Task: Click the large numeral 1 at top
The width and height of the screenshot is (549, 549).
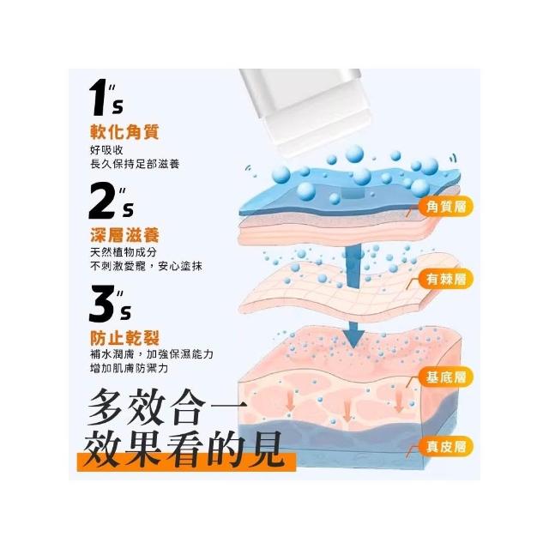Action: click(99, 98)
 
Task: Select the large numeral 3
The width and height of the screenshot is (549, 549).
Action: click(102, 304)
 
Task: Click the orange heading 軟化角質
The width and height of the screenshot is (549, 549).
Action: click(125, 132)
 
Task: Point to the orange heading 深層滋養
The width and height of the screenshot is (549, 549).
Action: click(125, 234)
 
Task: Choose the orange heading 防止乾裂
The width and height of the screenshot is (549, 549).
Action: click(125, 338)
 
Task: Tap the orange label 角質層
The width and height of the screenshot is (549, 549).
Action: click(446, 206)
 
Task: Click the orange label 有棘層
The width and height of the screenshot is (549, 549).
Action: click(446, 279)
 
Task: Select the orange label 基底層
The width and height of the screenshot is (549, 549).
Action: click(446, 377)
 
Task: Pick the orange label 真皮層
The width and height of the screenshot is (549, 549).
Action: click(446, 446)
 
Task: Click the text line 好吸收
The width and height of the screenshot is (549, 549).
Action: click(106, 150)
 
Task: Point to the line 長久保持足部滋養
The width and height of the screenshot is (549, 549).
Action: click(135, 164)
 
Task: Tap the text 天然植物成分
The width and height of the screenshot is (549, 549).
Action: click(124, 252)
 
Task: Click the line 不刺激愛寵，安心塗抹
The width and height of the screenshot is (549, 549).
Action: click(146, 266)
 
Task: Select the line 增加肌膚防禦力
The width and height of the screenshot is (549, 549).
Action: click(130, 368)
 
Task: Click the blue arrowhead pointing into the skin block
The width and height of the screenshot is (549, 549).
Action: click(354, 338)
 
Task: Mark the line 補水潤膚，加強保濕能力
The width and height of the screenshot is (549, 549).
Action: click(152, 354)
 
